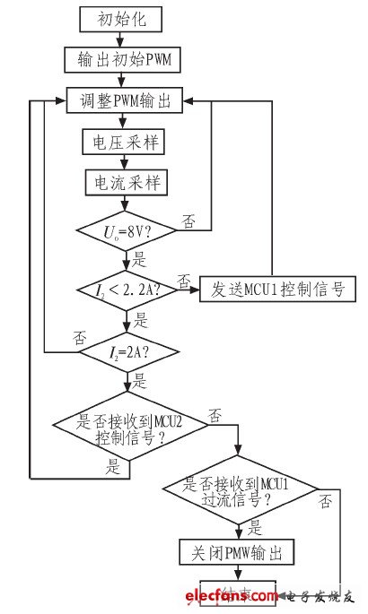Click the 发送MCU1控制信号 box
(278, 290)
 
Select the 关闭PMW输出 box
(240, 551)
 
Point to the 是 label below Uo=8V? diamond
(138, 261)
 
